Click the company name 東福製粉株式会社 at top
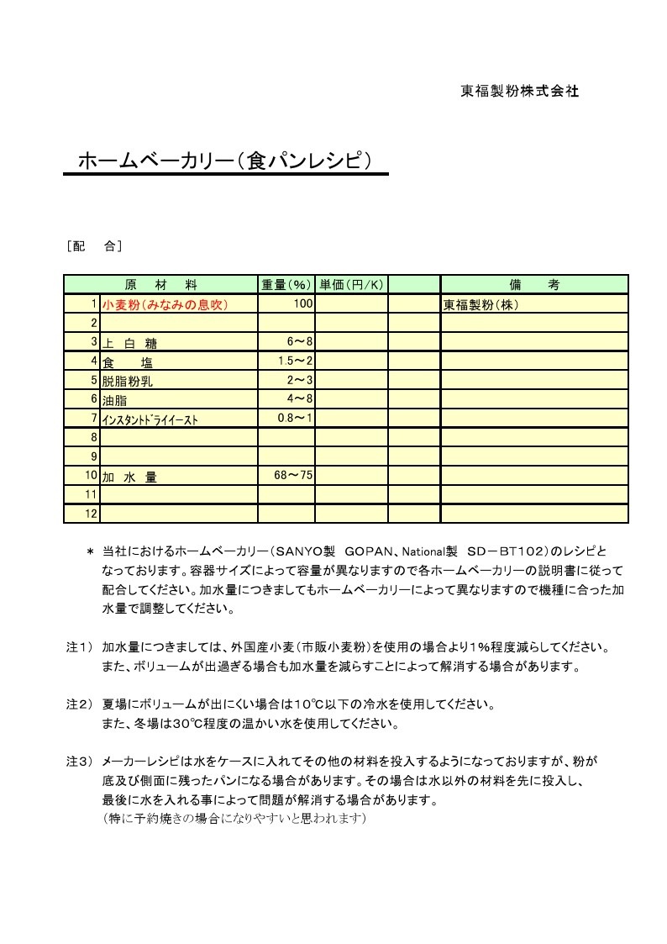tap(520, 92)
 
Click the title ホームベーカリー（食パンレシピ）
tap(224, 161)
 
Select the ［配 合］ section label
tap(94, 246)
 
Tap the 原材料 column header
tap(160, 285)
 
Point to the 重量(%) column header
tap(286, 285)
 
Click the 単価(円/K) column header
tap(351, 285)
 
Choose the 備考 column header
tap(534, 285)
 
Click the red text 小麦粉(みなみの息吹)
tap(165, 304)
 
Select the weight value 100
tap(302, 303)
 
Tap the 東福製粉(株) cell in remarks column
tap(481, 304)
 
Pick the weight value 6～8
tap(299, 341)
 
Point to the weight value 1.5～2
tap(295, 361)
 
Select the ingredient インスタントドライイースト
tap(150, 419)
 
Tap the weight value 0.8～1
tap(295, 418)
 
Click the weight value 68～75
tap(293, 476)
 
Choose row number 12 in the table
tap(92, 514)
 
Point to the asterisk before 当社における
tap(90, 552)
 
